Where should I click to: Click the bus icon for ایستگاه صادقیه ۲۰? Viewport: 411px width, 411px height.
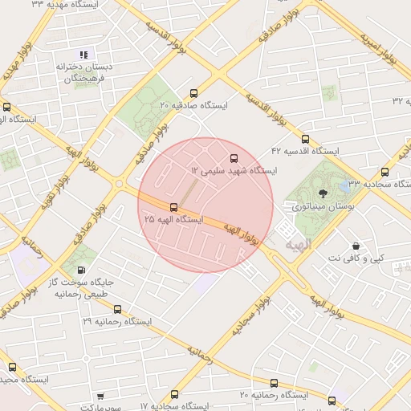(193, 92)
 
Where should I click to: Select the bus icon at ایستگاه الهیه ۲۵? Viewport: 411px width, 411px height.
(174, 207)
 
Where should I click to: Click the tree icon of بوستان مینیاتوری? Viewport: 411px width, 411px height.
(324, 193)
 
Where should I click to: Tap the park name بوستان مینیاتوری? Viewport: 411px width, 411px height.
(324, 206)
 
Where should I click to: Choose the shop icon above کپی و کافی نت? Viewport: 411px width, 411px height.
(356, 246)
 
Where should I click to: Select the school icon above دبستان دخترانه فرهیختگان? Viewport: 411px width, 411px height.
(83, 55)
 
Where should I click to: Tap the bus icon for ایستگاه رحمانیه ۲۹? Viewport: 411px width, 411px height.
(117, 308)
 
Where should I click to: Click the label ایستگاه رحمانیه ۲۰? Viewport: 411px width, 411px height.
(274, 395)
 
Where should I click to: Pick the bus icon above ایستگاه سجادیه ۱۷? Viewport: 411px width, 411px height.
(175, 394)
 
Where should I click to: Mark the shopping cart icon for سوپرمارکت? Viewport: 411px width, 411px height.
(100, 396)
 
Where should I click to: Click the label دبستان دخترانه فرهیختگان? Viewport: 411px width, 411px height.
(83, 74)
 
